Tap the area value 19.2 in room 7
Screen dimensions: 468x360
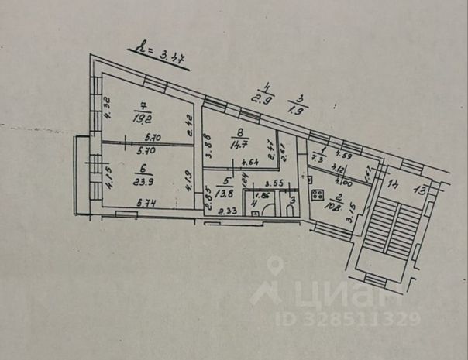[141, 119]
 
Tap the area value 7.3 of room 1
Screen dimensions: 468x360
[317, 158]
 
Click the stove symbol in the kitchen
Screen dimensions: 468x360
[317, 194]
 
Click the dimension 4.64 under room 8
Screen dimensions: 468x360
[249, 163]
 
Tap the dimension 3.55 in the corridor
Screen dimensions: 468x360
[270, 184]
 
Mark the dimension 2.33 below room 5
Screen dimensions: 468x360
[226, 211]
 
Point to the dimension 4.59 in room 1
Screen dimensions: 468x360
[345, 158]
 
